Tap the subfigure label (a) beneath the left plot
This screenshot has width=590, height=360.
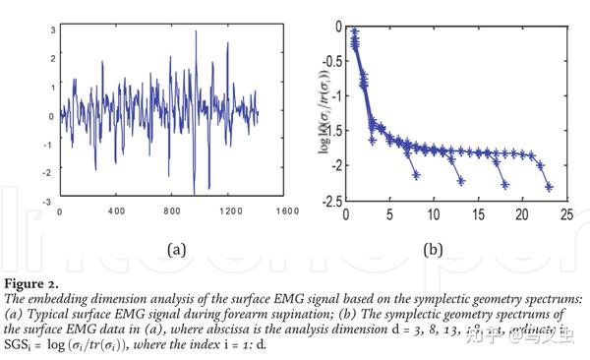pyautogui.click(x=177, y=249)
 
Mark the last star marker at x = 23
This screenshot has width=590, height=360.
pyautogui.click(x=549, y=186)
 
